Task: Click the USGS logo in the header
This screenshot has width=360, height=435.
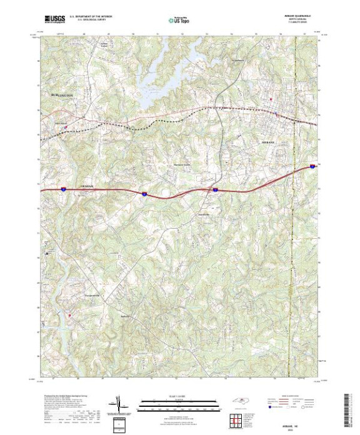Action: point(54,20)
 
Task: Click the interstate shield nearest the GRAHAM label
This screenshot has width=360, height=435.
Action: point(64,187)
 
